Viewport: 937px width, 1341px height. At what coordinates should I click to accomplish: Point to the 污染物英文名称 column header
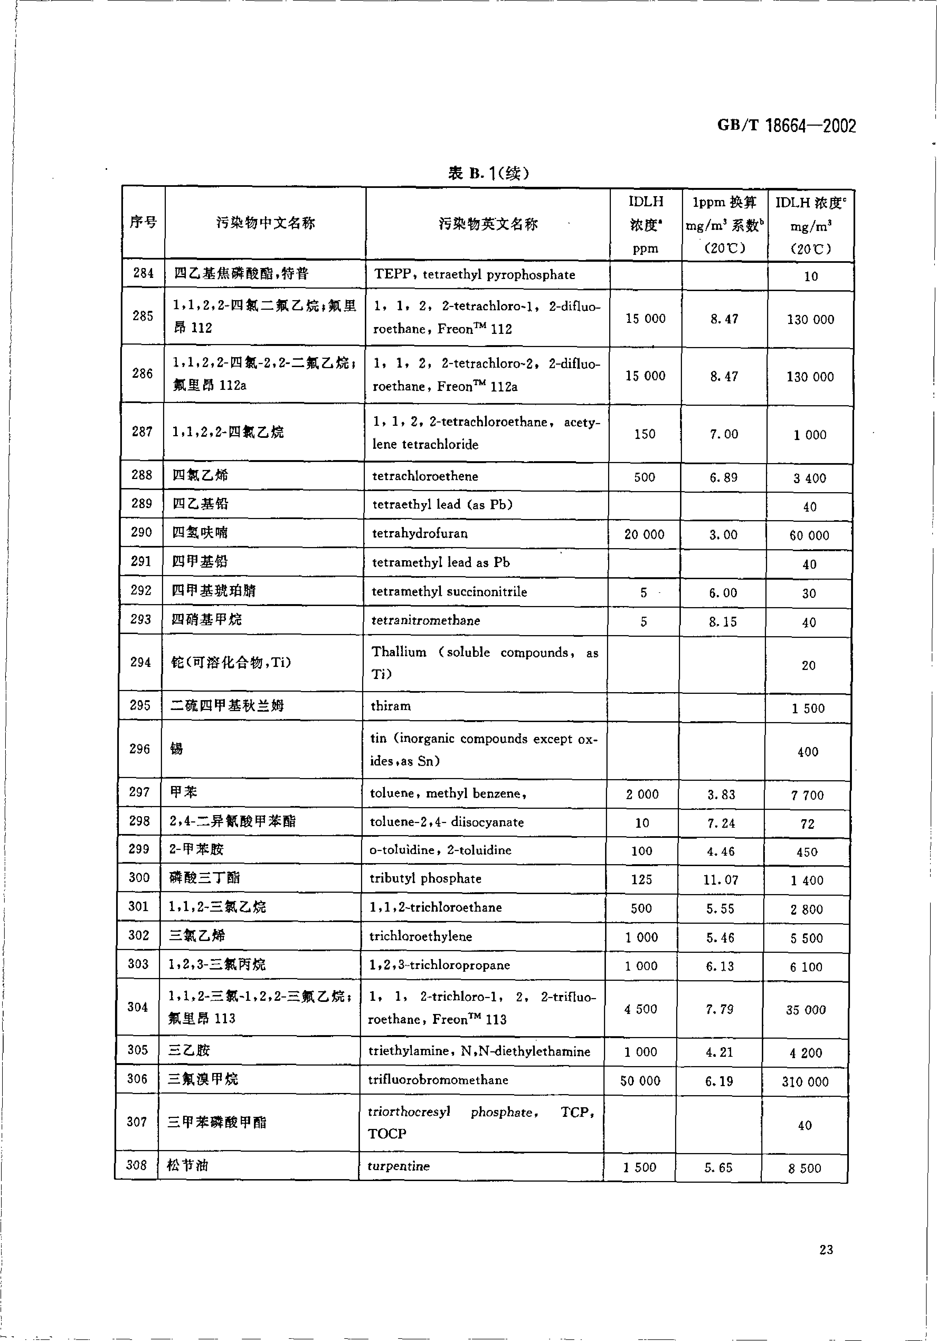488,224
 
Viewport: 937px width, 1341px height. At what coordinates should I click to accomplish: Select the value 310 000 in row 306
805,1082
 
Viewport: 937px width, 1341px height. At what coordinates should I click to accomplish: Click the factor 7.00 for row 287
724,434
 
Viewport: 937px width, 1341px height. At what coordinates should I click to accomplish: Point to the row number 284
143,273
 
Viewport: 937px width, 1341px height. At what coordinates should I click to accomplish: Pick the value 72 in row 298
807,824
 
